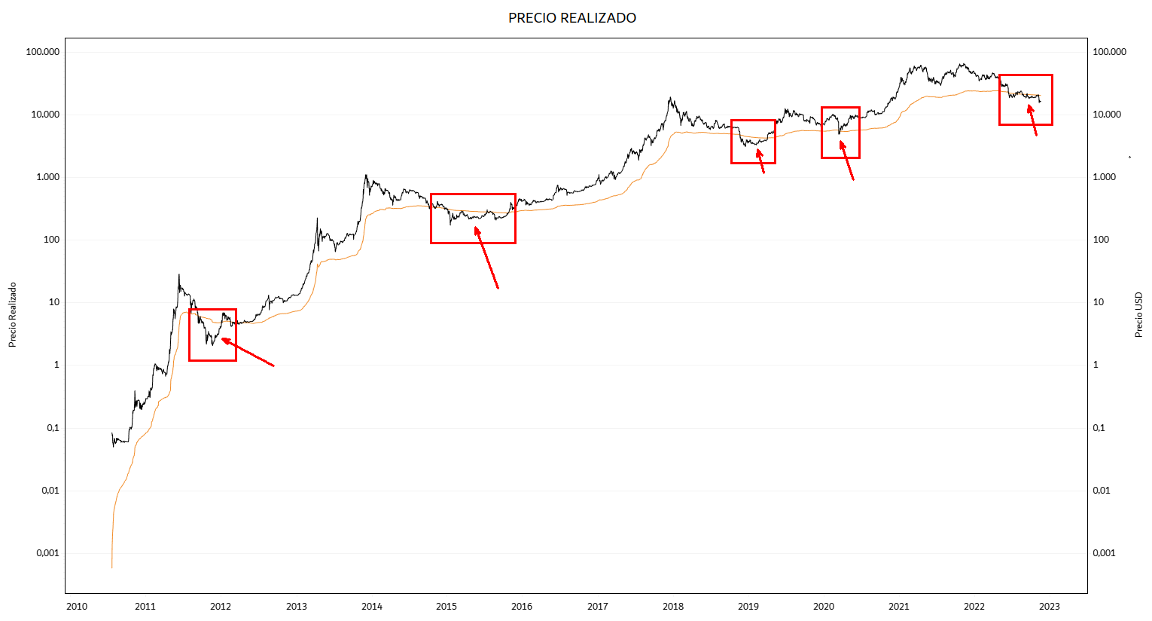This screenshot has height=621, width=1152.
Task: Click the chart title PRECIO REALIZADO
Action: (x=572, y=18)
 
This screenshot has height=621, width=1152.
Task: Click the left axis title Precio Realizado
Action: (x=12, y=315)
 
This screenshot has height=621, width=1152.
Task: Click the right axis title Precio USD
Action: (x=1138, y=315)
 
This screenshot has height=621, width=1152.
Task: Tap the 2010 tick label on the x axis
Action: (x=77, y=607)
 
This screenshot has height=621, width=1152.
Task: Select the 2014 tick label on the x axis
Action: (x=372, y=607)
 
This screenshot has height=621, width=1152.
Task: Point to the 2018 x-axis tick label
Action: (x=673, y=607)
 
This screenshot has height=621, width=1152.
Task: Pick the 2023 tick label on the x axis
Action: (x=1049, y=607)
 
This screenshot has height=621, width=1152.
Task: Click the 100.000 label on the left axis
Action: (x=42, y=52)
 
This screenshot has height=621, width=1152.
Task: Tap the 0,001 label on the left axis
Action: (x=47, y=553)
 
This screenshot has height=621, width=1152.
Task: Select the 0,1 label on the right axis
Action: (x=1099, y=428)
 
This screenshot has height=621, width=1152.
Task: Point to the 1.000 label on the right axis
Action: (x=1104, y=177)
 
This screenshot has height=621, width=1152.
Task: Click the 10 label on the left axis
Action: (x=53, y=302)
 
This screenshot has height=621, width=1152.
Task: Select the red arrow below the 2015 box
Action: (x=486, y=258)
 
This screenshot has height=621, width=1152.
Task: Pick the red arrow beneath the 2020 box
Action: (x=847, y=161)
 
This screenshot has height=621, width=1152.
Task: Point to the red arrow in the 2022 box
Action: (x=1032, y=120)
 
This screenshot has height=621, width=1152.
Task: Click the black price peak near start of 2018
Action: (x=670, y=98)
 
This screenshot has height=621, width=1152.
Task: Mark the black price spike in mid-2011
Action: (x=178, y=275)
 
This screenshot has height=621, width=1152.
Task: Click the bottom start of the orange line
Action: (x=111, y=566)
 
